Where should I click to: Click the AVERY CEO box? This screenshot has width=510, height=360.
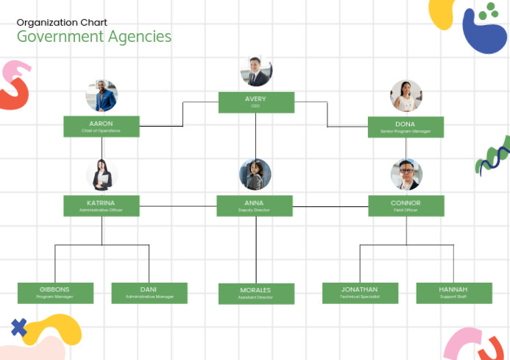pyautogui.click(x=256, y=102)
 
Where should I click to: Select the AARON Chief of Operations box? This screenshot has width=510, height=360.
pyautogui.click(x=101, y=127)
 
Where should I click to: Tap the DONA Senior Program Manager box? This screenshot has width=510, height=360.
pyautogui.click(x=405, y=127)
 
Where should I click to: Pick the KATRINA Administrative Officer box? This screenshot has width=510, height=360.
pyautogui.click(x=102, y=205)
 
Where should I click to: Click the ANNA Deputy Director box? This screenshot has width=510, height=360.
pyautogui.click(x=255, y=205)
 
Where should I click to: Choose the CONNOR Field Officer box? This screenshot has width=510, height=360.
pyautogui.click(x=406, y=205)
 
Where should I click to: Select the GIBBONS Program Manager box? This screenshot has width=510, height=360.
pyautogui.click(x=55, y=293)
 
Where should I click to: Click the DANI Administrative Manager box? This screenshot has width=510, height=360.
pyautogui.click(x=149, y=293)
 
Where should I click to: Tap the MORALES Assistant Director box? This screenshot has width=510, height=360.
pyautogui.click(x=256, y=294)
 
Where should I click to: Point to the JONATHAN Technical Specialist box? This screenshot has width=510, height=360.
pyautogui.click(x=360, y=293)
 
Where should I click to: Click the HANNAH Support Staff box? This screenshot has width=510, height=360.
pyautogui.click(x=453, y=293)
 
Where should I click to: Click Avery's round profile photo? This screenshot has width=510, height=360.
pyautogui.click(x=256, y=71)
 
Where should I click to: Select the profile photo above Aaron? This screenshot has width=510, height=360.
pyautogui.click(x=102, y=96)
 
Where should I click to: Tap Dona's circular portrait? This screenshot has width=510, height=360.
pyautogui.click(x=405, y=96)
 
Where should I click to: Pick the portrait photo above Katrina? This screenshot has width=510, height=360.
pyautogui.click(x=102, y=175)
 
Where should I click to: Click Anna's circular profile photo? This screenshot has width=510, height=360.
pyautogui.click(x=255, y=175)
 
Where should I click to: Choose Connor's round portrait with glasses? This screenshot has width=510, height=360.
pyautogui.click(x=406, y=175)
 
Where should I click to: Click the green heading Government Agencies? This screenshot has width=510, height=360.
pyautogui.click(x=94, y=36)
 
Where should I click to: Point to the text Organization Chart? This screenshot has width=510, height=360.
pyautogui.click(x=62, y=22)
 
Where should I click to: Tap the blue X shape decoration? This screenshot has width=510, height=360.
pyautogui.click(x=19, y=328)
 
